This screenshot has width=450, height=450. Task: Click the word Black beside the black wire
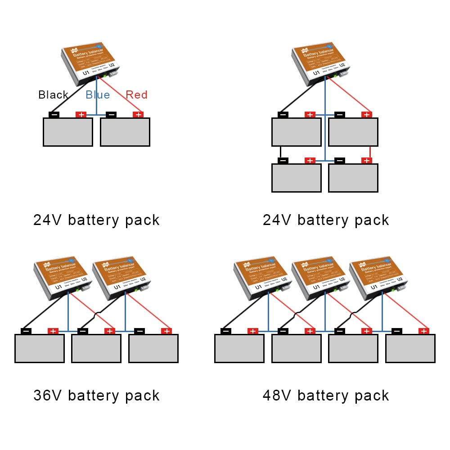(53, 95)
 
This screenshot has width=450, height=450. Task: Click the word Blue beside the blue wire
(98, 95)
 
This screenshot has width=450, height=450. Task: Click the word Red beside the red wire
(136, 95)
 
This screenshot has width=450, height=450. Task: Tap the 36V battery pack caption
(97, 396)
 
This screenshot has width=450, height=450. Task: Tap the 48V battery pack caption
(326, 396)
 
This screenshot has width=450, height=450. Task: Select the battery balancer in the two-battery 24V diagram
(90, 62)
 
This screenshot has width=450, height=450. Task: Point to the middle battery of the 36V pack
(96, 348)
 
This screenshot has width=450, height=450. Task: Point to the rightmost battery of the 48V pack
(410, 348)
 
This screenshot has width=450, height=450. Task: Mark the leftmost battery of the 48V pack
(239, 348)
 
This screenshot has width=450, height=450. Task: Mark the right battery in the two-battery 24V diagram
(125, 132)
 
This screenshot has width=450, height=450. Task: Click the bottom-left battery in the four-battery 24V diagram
(297, 178)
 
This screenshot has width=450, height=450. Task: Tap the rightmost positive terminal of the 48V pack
(423, 331)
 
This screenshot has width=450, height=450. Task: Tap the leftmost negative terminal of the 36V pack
(26, 331)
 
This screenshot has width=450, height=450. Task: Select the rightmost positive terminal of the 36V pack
(166, 331)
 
